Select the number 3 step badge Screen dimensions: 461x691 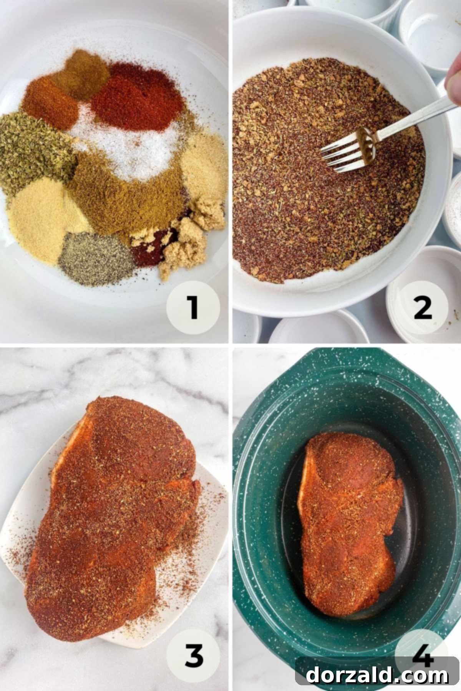(x=194, y=655)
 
